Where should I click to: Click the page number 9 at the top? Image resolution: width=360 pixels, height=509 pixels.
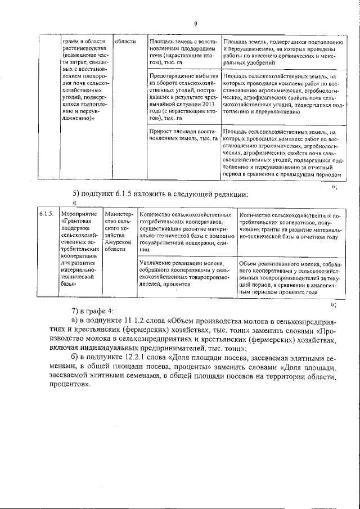(195, 24)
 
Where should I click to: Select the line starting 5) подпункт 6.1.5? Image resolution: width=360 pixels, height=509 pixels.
(160, 195)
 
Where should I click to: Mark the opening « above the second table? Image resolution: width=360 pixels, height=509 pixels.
(74, 204)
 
